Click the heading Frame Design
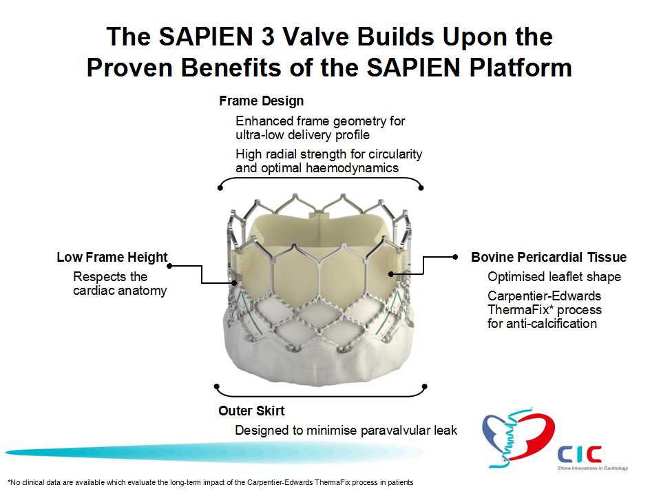pyautogui.click(x=262, y=101)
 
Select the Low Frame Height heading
pyautogui.click(x=112, y=257)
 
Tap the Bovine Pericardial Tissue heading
pyautogui.click(x=549, y=257)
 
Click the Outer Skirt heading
pyautogui.click(x=251, y=411)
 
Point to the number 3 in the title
pyautogui.click(x=268, y=37)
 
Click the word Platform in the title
pyautogui.click(x=521, y=68)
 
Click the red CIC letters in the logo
pyautogui.click(x=579, y=455)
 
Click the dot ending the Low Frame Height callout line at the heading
pyautogui.click(x=169, y=266)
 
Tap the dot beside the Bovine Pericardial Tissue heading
pyautogui.click(x=455, y=256)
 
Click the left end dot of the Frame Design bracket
pyautogui.click(x=220, y=187)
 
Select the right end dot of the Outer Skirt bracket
pyautogui.click(x=425, y=386)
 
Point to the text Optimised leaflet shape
pyautogui.click(x=554, y=277)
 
